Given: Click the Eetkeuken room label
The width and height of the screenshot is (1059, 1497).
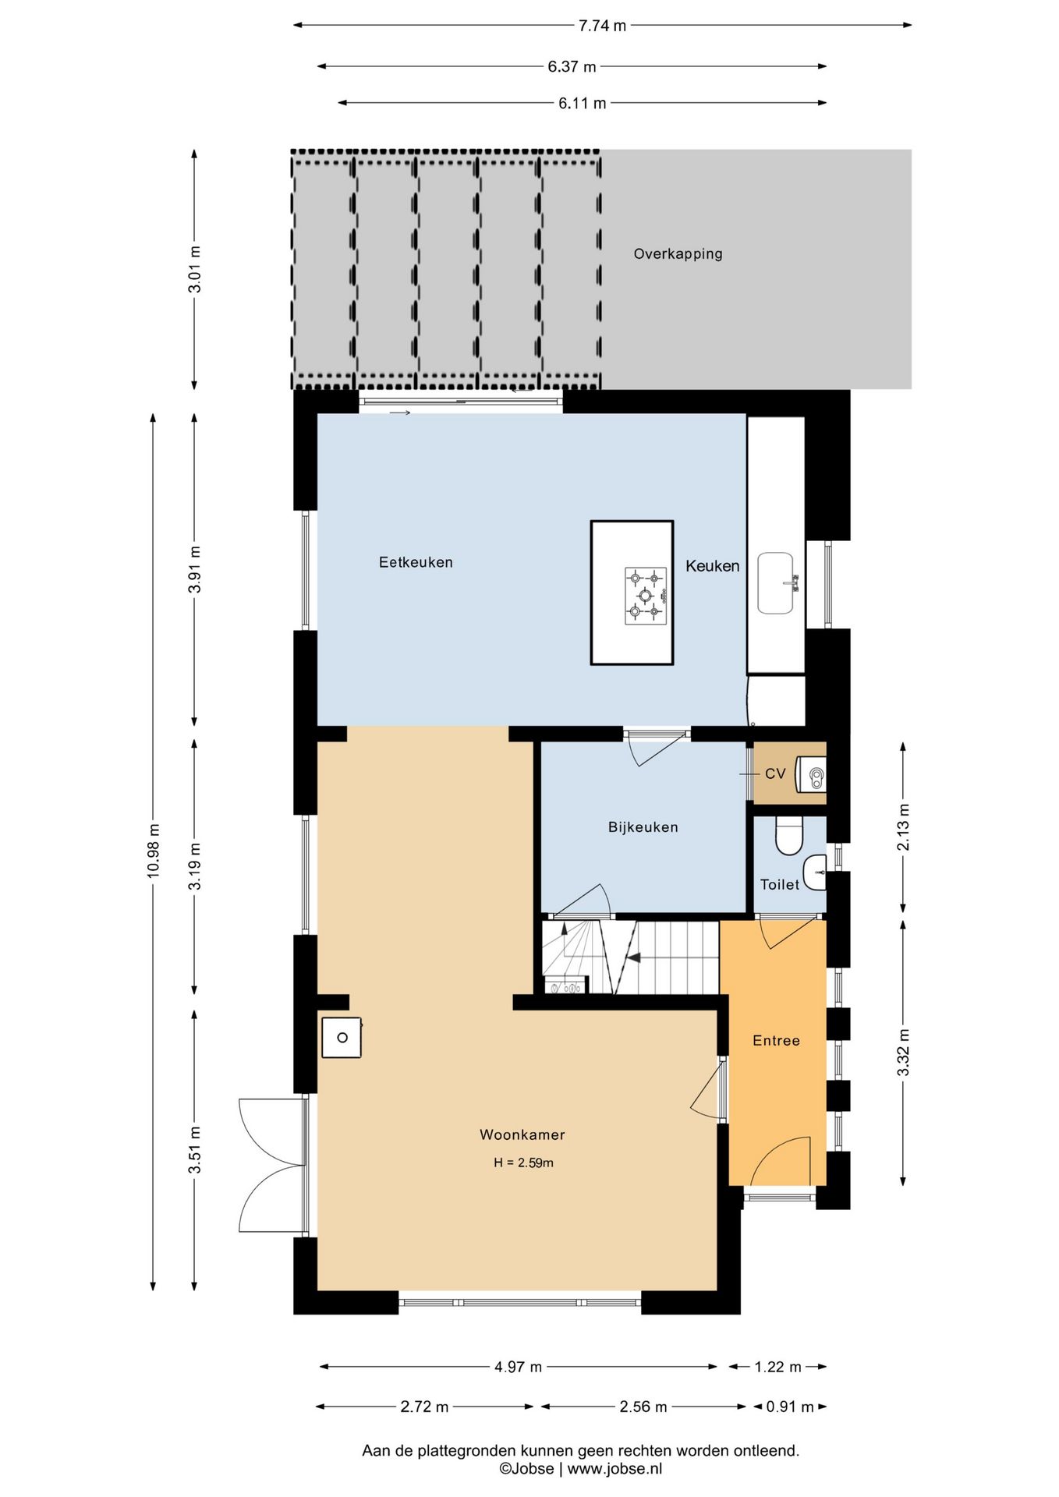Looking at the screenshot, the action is coord(416,562).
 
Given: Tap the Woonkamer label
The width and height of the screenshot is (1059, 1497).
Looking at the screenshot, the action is coord(522,1134).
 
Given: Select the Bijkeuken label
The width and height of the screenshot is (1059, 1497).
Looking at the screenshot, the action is coord(643,827).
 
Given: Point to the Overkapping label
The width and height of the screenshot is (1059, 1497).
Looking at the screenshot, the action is coord(678,254).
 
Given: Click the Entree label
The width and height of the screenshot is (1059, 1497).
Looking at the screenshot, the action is coord(776,1040).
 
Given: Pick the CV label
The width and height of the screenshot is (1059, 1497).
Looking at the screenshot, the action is coord(775,773).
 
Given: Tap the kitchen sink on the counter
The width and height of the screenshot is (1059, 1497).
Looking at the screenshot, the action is coord(777,583).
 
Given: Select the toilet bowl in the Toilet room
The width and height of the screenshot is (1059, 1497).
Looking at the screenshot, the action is coord(789,836).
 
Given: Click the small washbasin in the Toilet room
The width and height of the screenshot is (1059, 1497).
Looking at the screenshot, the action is coord(815,872).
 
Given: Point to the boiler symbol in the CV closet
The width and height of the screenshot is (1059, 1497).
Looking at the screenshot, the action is coord(811,775).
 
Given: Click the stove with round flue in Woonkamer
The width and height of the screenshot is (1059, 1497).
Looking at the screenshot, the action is coord(342,1038).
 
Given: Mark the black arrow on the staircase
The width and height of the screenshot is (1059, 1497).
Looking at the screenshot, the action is coord(633,957).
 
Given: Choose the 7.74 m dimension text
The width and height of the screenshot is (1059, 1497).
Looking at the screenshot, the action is coord(602,26).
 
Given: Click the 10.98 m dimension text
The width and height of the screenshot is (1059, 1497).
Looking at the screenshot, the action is coord(153,851).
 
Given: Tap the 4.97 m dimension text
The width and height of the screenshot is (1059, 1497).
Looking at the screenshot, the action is coord(518,1367).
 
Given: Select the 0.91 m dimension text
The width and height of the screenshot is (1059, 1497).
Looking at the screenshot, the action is coord(789,1407).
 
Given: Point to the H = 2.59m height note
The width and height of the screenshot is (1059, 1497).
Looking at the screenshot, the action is coord(523,1163).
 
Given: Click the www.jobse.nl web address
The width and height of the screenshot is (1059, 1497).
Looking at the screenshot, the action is coord(615,1469).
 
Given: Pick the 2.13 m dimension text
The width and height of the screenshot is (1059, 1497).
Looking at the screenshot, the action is coord(903,827).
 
